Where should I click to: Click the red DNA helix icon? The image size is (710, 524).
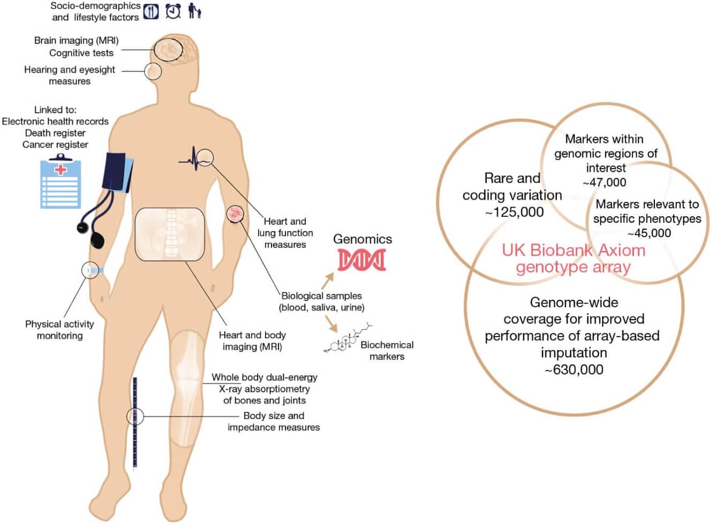coord(361,260)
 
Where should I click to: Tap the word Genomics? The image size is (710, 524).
coord(362,239)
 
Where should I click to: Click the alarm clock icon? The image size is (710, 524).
coord(173,11)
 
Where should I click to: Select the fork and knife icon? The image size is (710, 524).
coord(151,11)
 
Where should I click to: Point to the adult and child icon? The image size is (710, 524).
coord(194,11)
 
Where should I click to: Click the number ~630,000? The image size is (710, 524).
coord(574,369)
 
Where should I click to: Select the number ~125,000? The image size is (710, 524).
coord(514,212)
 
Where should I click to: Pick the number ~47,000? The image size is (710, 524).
coord(604,182)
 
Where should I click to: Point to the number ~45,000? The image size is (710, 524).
coord(648,233)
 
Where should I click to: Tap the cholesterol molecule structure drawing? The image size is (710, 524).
coord(348,339)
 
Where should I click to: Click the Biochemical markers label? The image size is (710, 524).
coord(387,351)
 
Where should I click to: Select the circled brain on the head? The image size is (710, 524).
coord(168,49)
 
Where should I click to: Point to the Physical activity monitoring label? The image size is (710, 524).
coord(59,330)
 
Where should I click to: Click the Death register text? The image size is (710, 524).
coord(55,133)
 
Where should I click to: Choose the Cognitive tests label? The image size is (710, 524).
coord(81,53)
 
